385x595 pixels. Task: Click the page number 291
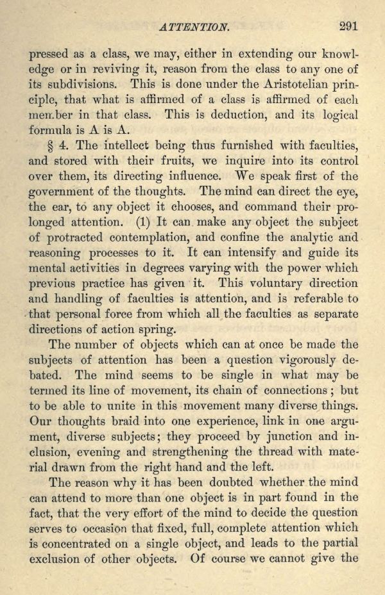(x=346, y=26)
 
